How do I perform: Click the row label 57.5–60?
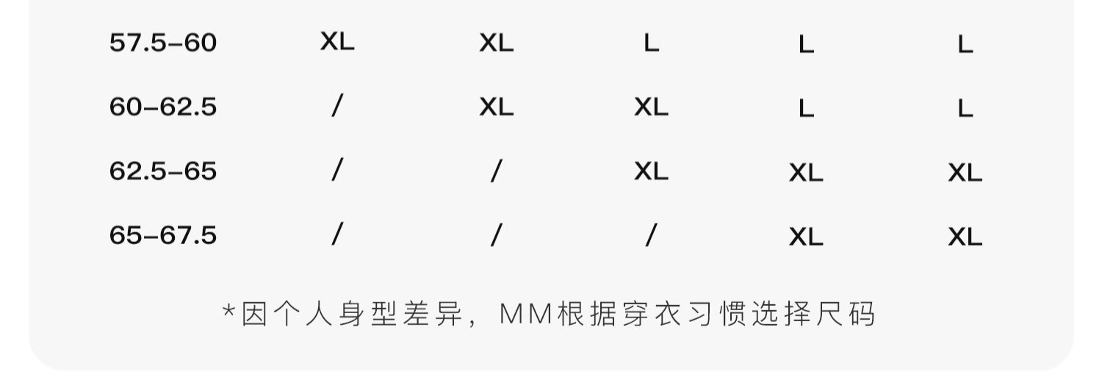pyautogui.click(x=163, y=43)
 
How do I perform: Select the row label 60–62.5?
pyautogui.click(x=163, y=107)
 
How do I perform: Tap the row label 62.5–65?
pyautogui.click(x=163, y=171)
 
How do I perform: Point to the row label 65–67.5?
pyautogui.click(x=163, y=235)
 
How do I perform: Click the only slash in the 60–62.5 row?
pyautogui.click(x=336, y=107)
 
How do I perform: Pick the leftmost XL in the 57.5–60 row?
pyautogui.click(x=337, y=42)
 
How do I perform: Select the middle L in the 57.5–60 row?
pyautogui.click(x=806, y=46)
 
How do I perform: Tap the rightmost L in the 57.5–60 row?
pyautogui.click(x=965, y=46)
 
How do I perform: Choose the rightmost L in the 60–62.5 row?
pyautogui.click(x=965, y=110)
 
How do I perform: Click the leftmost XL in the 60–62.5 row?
pyautogui.click(x=497, y=107)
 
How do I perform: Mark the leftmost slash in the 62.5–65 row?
pyautogui.click(x=336, y=171)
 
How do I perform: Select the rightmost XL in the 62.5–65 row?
pyautogui.click(x=965, y=173)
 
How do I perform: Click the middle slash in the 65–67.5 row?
pyautogui.click(x=497, y=235)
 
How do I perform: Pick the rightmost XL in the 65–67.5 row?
pyautogui.click(x=965, y=237)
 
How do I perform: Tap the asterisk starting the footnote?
pyautogui.click(x=228, y=312)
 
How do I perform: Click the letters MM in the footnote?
pyautogui.click(x=525, y=315)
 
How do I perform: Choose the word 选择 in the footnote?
pyautogui.click(x=781, y=315)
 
